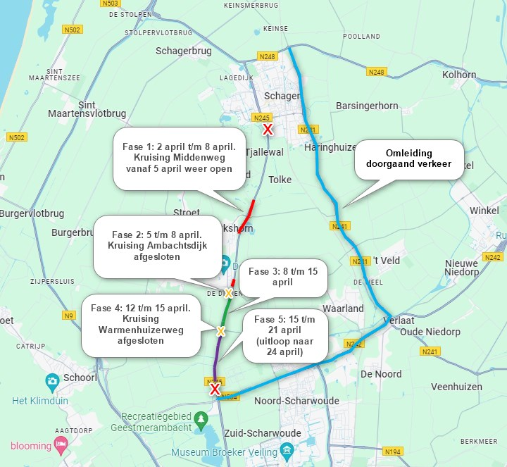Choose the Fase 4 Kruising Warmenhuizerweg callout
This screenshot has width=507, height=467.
pos(140,324)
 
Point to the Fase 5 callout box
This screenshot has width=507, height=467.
pos(285,335)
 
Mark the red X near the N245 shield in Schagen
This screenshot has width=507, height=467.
pos(268,130)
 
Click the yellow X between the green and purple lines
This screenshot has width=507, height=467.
pos(220,331)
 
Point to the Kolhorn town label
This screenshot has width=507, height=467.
pos(459,75)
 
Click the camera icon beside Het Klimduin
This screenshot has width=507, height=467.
pos(52,381)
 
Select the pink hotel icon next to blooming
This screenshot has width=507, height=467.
pos(61,445)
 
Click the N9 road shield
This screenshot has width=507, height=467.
pos(68,316)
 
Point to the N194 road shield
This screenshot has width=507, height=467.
pos(392,451)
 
